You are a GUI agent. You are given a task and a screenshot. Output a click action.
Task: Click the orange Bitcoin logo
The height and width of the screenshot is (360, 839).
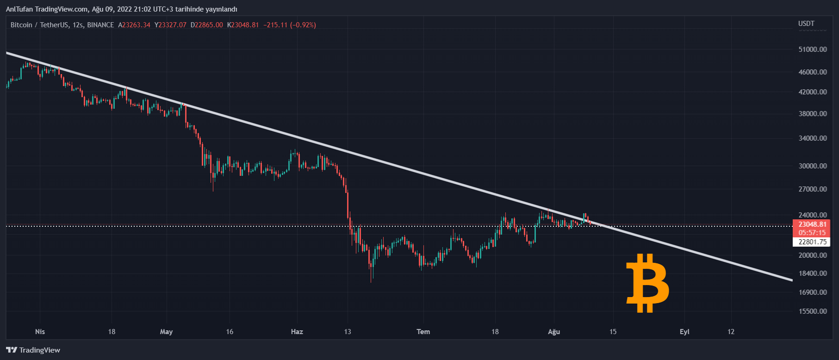pyautogui.click(x=647, y=283)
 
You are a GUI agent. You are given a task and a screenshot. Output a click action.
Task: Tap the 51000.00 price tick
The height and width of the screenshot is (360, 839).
pyautogui.click(x=813, y=50)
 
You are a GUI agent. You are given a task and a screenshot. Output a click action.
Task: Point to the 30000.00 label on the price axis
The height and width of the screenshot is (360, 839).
pyautogui.click(x=813, y=166)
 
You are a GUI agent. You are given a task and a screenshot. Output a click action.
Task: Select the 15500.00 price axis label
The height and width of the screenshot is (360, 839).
pyautogui.click(x=813, y=311)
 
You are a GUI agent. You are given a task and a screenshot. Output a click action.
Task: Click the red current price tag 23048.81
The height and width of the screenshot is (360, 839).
pyautogui.click(x=812, y=224)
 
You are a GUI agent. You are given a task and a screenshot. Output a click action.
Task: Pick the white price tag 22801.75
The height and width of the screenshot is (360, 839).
pyautogui.click(x=812, y=242)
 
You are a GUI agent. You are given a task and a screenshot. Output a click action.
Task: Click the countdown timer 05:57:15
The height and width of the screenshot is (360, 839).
pyautogui.click(x=812, y=233)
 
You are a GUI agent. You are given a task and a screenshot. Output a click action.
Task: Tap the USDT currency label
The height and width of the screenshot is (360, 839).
pyautogui.click(x=806, y=24)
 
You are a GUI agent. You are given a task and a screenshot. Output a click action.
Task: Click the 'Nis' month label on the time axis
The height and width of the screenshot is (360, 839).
pyautogui.click(x=40, y=332)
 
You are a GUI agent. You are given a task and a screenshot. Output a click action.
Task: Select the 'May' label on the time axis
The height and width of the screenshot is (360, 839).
pyautogui.click(x=166, y=332)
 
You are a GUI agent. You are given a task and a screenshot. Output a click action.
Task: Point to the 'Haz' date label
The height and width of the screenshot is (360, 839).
pyautogui.click(x=297, y=332)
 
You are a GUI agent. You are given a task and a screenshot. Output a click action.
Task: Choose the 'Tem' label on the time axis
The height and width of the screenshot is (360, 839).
pyautogui.click(x=423, y=332)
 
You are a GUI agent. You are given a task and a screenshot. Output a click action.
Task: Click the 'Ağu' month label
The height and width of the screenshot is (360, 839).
pyautogui.click(x=554, y=332)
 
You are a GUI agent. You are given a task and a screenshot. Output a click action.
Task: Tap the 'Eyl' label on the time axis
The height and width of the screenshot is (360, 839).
pyautogui.click(x=684, y=332)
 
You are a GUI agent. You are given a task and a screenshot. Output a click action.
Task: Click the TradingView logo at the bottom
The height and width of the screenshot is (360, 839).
pyautogui.click(x=33, y=350)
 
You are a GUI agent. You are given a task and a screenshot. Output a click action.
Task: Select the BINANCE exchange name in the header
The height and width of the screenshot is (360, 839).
pyautogui.click(x=100, y=25)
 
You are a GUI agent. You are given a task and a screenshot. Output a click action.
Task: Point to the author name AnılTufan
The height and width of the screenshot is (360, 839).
pyautogui.click(x=19, y=9)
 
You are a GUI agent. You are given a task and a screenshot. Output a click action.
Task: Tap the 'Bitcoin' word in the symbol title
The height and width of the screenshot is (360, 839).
pyautogui.click(x=21, y=25)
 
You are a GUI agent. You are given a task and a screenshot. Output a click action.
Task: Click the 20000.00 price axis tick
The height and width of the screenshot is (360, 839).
pyautogui.click(x=813, y=255)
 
